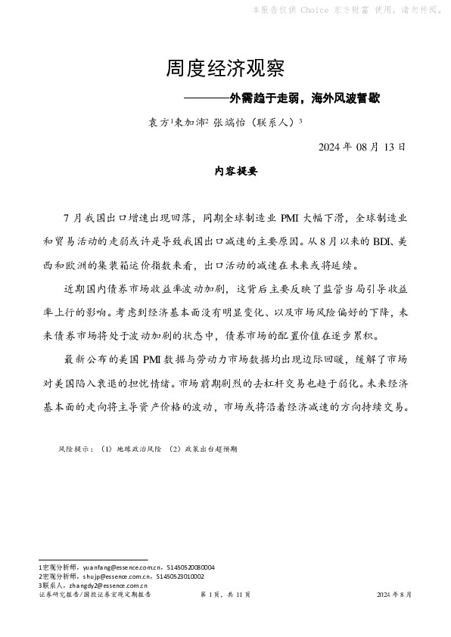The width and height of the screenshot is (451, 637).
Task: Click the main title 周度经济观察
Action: click(x=225, y=70)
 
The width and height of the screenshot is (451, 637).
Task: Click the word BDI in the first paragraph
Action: click(x=382, y=242)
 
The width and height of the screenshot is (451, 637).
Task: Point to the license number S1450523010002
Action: click(x=180, y=576)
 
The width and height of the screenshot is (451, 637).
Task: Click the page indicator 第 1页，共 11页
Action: click(x=225, y=595)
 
